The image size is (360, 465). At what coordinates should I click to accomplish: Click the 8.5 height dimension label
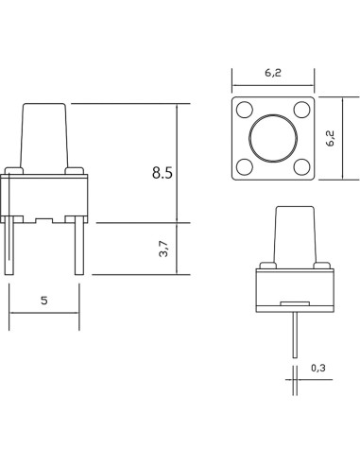[163, 173]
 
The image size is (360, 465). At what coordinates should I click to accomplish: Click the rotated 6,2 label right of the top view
[331, 139]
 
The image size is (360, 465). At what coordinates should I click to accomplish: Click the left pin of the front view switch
[12, 247]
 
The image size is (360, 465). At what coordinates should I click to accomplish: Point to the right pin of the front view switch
[81, 247]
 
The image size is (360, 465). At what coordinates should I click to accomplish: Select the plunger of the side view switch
[295, 236]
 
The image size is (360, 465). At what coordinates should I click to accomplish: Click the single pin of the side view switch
[295, 331]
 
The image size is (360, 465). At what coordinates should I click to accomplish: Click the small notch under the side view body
[295, 304]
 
